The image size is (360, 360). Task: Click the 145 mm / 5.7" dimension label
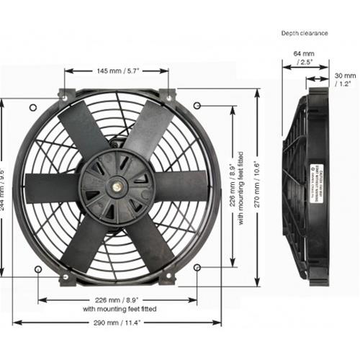click(117, 71)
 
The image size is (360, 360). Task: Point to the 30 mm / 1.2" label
click(346, 78)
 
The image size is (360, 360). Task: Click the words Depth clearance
click(304, 32)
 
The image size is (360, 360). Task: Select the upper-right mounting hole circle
click(198, 107)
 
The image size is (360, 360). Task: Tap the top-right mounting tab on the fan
click(168, 95)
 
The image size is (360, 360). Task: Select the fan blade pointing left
click(50, 184)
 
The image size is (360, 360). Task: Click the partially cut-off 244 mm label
click(5, 185)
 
